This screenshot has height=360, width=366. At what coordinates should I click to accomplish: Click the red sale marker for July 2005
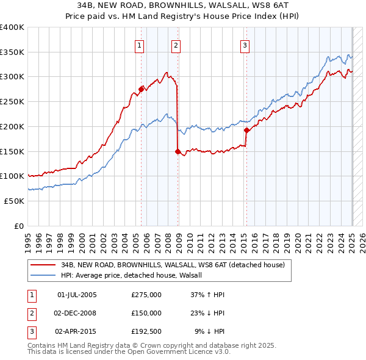[141, 89]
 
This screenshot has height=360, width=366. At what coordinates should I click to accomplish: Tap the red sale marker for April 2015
[246, 130]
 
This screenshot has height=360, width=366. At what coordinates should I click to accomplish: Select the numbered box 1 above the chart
[140, 45]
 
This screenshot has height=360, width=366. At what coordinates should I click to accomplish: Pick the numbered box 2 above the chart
[176, 45]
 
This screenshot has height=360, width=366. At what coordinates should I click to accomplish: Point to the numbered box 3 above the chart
[245, 45]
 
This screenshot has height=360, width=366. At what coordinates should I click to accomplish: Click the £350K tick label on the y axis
[12, 52]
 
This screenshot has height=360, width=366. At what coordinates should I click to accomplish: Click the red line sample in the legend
[44, 265]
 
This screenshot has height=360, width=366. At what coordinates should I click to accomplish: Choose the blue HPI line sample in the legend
[44, 275]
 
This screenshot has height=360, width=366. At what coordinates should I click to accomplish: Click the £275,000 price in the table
[146, 295]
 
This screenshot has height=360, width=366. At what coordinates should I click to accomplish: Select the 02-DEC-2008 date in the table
[76, 313]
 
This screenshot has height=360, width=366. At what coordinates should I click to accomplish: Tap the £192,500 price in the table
[146, 331]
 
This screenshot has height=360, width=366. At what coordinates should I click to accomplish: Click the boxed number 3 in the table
[31, 331]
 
